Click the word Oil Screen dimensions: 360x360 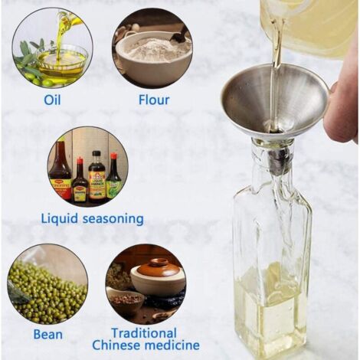52,100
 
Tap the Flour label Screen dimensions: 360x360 154,100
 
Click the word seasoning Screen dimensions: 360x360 113,220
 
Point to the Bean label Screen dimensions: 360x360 48,334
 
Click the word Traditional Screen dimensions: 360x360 144,333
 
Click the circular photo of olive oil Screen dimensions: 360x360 52,47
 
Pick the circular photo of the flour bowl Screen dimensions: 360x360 152,47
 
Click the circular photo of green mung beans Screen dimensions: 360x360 47,284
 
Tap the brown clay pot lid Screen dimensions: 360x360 157,267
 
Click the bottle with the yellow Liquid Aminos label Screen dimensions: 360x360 97,178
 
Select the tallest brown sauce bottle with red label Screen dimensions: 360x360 61,171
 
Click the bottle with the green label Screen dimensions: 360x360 114,176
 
